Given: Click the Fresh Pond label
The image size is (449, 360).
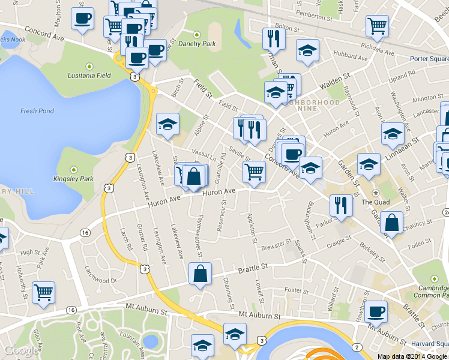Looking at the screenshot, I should pos(37,111).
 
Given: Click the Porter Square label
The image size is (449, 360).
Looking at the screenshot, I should pos(429,59).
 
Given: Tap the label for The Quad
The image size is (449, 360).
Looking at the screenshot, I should pos(375,202).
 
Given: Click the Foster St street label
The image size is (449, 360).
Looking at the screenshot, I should pos(297,290).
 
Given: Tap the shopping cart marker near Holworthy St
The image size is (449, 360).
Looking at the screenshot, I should pos(43,293).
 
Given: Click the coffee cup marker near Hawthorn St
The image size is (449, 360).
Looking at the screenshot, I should pos(376,311).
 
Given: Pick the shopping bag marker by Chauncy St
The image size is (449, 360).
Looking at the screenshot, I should pos(391,223).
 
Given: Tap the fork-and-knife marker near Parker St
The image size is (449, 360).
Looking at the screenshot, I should pos(340,205).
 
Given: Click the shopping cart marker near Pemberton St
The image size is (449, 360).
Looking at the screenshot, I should pos(377,25).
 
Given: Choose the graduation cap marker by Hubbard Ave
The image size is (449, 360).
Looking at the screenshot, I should pos(307,50).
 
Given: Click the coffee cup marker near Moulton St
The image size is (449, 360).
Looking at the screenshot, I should pos(82,17).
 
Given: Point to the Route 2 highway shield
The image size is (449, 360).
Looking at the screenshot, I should pos(357,348).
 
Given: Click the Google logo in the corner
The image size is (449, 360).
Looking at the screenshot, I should pos(22,351).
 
